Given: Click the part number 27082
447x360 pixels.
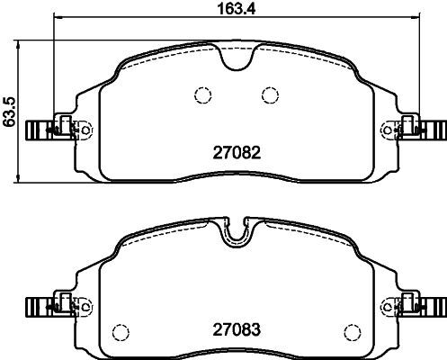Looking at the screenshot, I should point(235,154).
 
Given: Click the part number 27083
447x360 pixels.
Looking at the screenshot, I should point(235,329).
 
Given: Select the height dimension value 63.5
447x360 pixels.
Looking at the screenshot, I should point(10,110).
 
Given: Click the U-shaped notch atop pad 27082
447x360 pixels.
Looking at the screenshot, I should point(235,60).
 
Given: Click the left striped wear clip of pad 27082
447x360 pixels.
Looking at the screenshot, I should point(36,130).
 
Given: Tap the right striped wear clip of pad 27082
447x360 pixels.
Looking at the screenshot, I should point(435,130).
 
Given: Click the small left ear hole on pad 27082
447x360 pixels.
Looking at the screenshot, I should point(85,131).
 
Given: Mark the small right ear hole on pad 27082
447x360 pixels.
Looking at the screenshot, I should point(386,131).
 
